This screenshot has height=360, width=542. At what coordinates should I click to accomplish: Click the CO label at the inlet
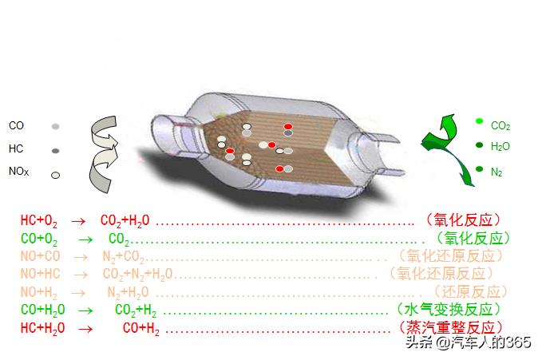tap(16, 126)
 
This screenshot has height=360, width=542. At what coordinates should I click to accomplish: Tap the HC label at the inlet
tap(16, 148)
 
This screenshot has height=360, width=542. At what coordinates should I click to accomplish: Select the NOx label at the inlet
tap(19, 171)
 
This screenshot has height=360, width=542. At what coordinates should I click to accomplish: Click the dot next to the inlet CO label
tap(56, 127)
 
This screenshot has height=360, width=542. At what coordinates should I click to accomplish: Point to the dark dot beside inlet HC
tap(56, 150)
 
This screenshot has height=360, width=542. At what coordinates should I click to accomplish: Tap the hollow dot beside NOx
tap(56, 175)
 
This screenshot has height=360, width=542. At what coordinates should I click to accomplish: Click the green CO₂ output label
tap(500, 126)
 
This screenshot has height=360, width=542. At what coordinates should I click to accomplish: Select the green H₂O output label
tap(500, 147)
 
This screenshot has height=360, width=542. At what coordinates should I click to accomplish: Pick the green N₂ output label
tap(497, 172)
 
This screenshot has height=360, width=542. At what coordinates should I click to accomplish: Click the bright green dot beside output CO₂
tap(479, 121)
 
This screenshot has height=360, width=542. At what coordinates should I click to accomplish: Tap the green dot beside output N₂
tap(479, 168)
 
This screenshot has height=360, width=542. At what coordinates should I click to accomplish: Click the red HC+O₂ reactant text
tap(39, 220)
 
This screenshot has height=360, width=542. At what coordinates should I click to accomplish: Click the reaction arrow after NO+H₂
tap(81, 292)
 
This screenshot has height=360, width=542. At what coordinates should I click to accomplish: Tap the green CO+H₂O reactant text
tap(43, 310)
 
